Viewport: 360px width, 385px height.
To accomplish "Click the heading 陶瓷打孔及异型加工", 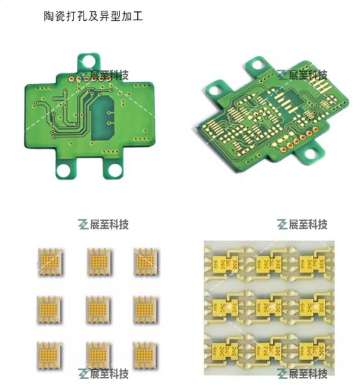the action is click(93, 16).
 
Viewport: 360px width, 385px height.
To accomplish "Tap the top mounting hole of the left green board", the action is click(89, 61).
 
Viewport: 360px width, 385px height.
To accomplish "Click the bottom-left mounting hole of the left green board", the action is click(64, 170).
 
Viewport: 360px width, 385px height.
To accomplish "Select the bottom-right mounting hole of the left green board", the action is click(115, 170).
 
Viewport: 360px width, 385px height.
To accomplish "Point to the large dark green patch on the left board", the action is click(102, 118).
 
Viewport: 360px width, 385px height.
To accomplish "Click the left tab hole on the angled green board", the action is click(216, 90).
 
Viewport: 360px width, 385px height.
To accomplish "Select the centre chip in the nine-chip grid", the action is click(98, 310).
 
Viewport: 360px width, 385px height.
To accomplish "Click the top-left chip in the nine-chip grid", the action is click(50, 262).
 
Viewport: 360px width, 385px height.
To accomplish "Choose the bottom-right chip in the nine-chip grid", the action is click(145, 355).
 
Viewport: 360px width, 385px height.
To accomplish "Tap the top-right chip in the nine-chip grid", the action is click(145, 262).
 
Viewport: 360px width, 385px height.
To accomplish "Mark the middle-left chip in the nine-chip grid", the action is click(49, 310).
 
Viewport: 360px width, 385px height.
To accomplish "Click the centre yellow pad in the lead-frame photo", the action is click(269, 307).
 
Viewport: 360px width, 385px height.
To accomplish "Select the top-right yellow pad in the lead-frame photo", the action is click(313, 264).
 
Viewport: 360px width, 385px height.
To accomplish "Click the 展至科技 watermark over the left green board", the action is click(110, 75).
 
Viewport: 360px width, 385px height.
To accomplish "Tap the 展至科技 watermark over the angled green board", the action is click(308, 75).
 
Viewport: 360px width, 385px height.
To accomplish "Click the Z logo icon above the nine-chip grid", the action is click(83, 224).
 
